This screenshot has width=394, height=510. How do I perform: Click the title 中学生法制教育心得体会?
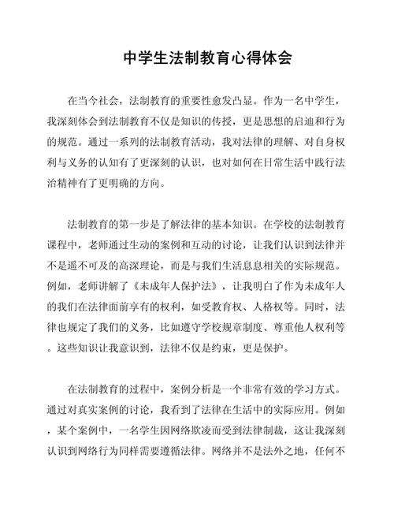point(197,58)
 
